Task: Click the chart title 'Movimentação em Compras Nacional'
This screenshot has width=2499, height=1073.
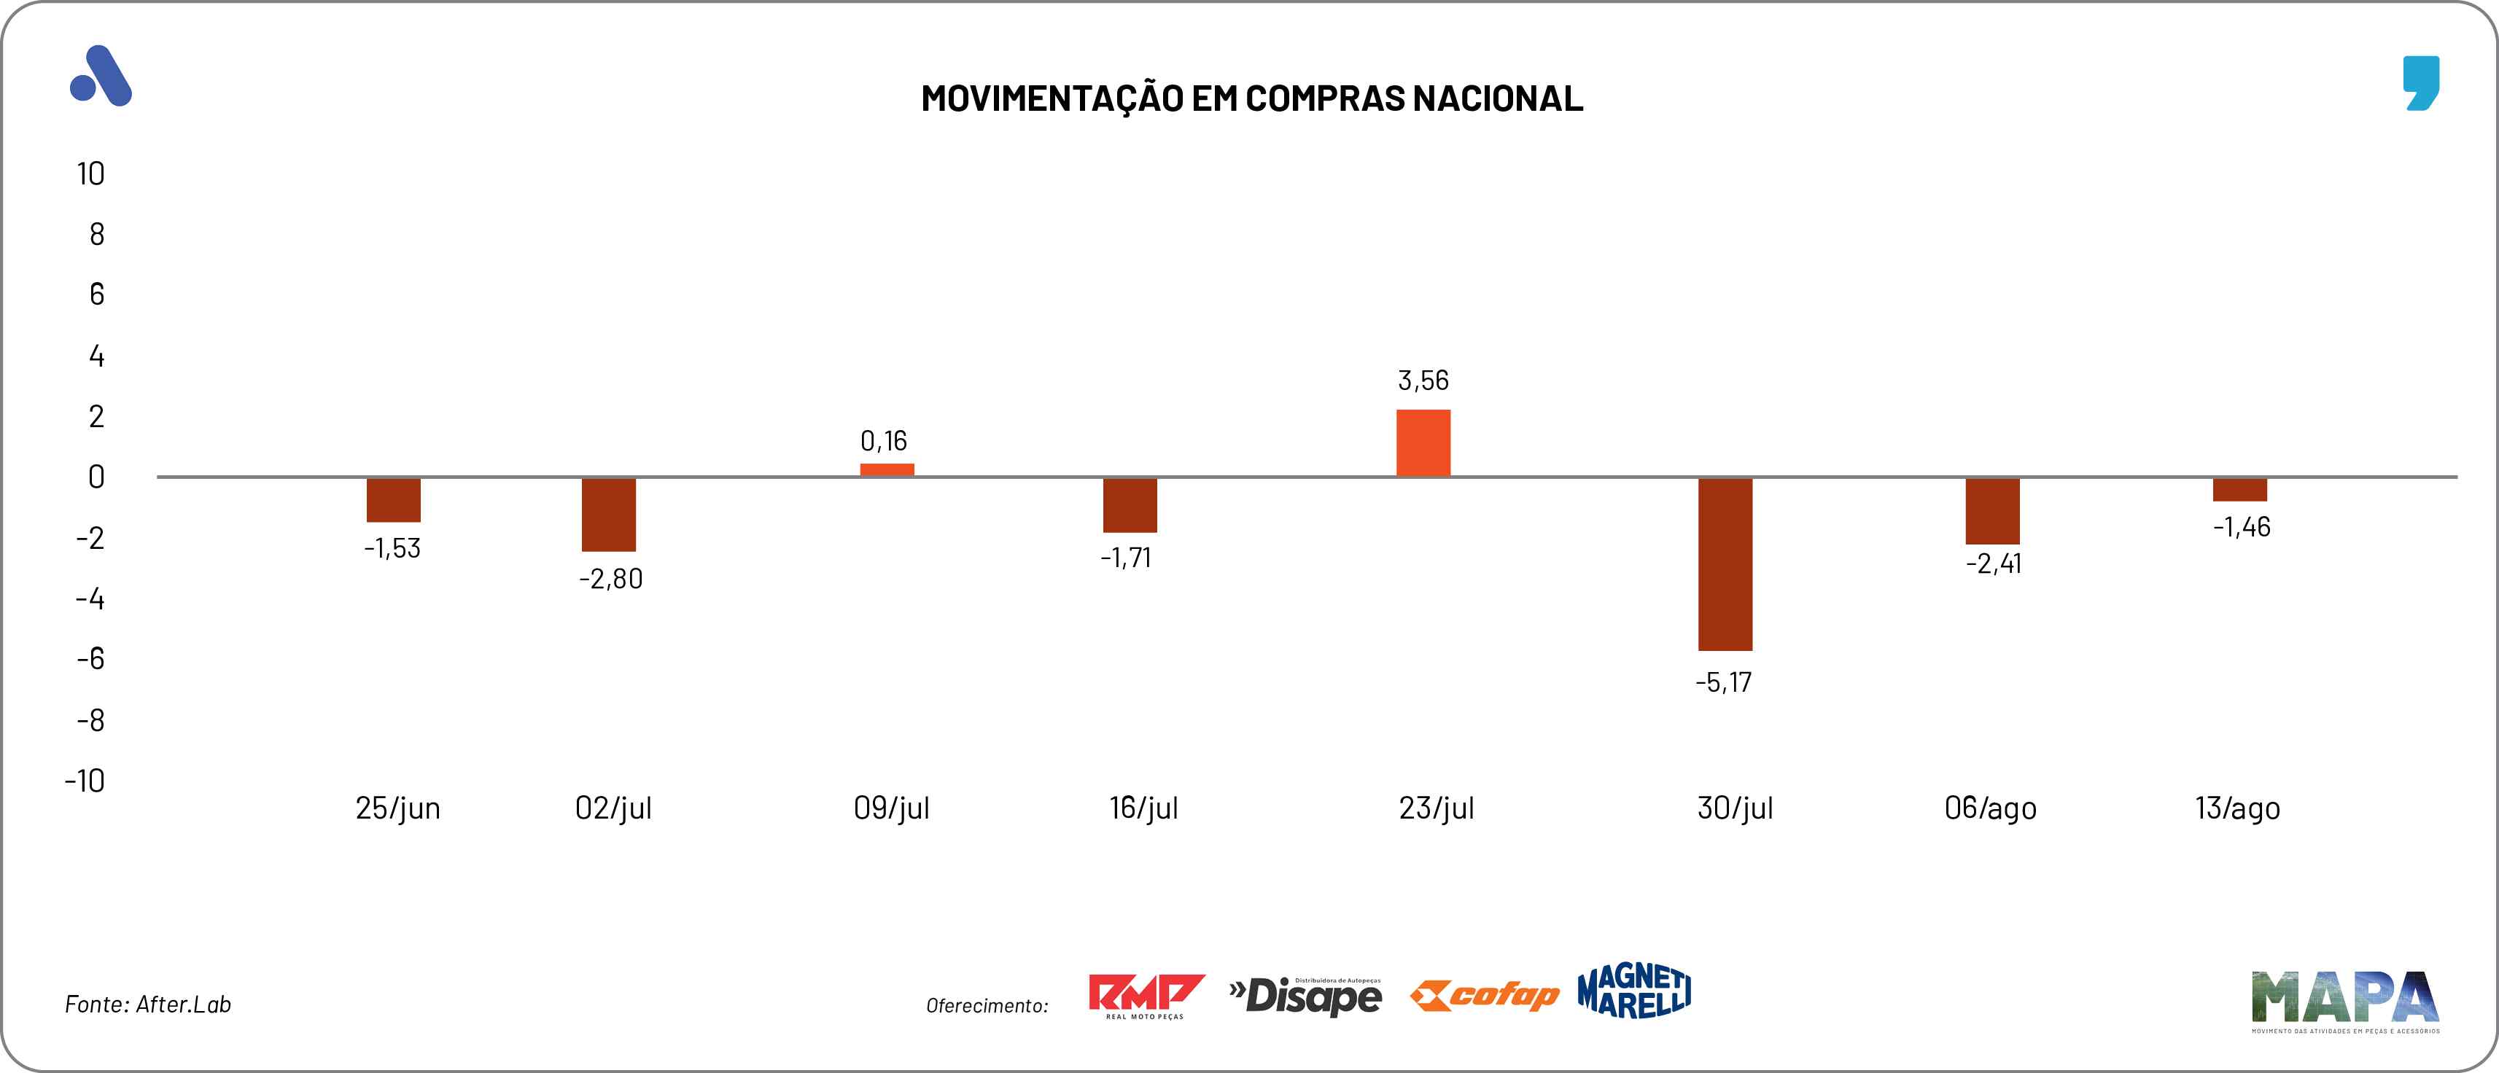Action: click(x=1251, y=98)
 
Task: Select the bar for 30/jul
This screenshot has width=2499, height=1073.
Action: click(x=1725, y=563)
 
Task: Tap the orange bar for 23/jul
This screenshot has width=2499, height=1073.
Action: click(x=1423, y=442)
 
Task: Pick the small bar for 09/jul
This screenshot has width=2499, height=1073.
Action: click(x=887, y=469)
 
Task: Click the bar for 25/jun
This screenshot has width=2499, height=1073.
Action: click(x=393, y=499)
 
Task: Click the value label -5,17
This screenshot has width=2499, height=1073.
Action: click(x=1723, y=682)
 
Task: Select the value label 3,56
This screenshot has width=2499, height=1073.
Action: click(x=1423, y=381)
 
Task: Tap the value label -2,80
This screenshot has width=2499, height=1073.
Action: click(x=610, y=580)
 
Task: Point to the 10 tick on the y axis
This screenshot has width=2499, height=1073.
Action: click(x=90, y=175)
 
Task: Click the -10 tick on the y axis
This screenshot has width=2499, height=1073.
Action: click(x=85, y=781)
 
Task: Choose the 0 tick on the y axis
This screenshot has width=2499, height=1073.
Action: click(x=96, y=477)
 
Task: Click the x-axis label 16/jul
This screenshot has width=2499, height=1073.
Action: click(x=1143, y=808)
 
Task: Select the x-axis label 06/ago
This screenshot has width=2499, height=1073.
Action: click(x=1990, y=808)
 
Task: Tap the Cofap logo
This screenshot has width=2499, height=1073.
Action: click(x=1484, y=996)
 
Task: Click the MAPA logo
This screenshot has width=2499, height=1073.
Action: click(x=2344, y=1000)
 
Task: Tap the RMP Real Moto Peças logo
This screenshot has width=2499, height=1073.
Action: click(x=1146, y=996)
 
